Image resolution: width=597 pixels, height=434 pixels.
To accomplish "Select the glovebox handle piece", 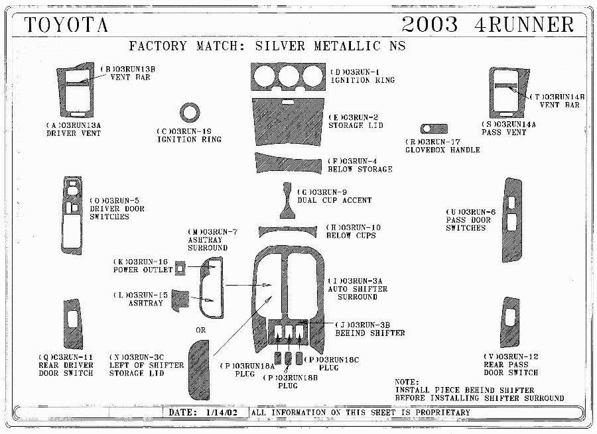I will [x=434, y=129].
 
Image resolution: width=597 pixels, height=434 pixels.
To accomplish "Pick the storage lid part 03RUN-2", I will [x=289, y=123].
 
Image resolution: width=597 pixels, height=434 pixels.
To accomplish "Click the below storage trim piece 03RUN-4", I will [x=288, y=163].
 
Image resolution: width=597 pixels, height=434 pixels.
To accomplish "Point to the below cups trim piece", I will [x=287, y=231].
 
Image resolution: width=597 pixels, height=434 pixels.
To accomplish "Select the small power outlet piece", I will [x=180, y=268].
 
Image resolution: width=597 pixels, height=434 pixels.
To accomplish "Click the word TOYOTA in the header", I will [x=66, y=25].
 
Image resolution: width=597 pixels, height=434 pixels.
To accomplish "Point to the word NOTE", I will [x=407, y=382].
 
